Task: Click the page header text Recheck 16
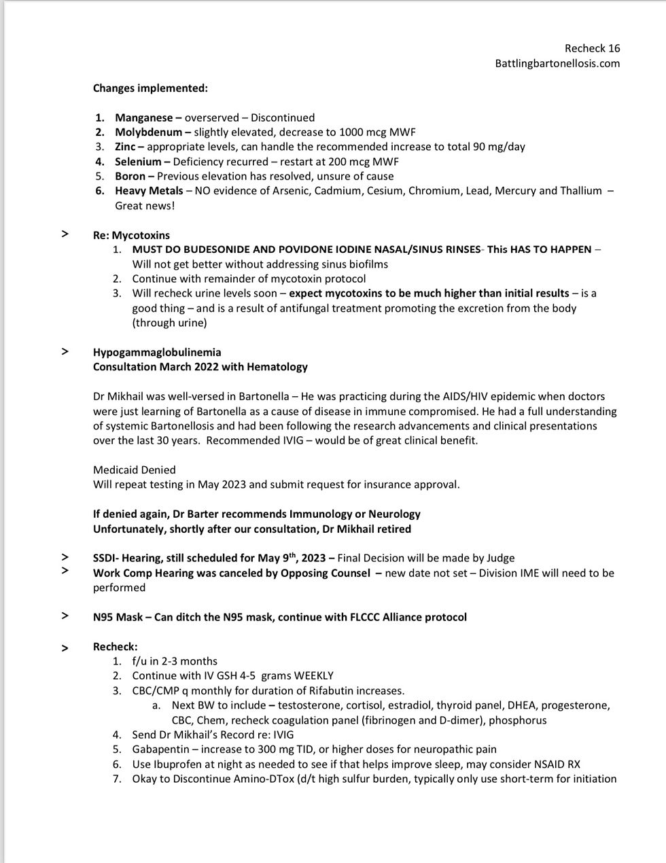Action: pos(592,48)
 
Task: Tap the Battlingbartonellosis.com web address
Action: pos(557,63)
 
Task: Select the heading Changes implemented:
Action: pos(150,88)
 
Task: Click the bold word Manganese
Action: pos(143,118)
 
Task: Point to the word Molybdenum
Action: pos(148,132)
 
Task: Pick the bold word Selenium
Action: pos(138,162)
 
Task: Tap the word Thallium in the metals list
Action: pos(579,191)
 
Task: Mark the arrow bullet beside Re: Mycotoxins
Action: pos(65,234)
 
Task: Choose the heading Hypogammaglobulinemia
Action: pos(157,352)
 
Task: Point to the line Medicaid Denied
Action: pos(134,470)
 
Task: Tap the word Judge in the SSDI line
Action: pos(499,558)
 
